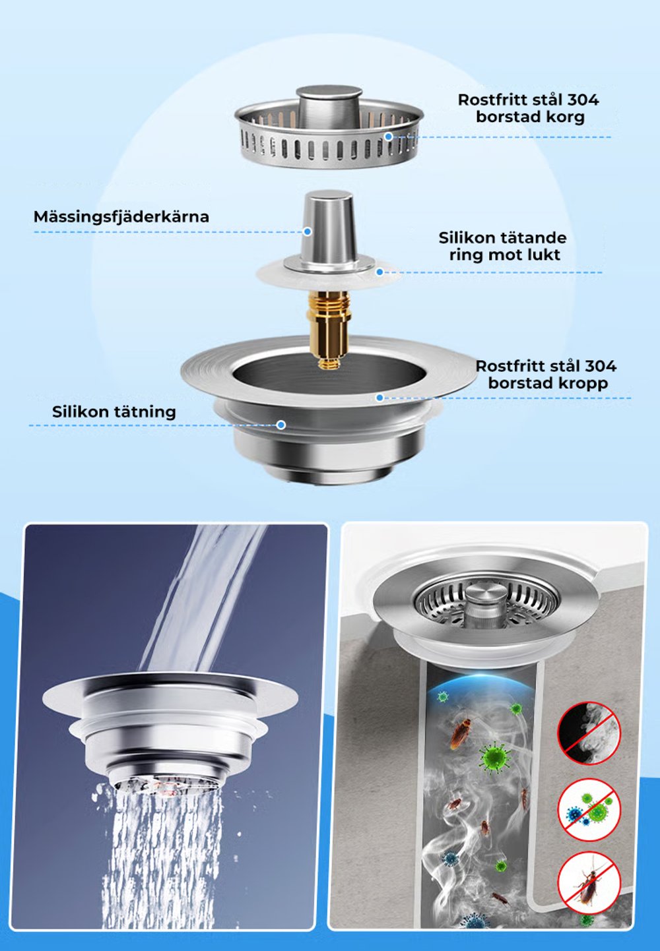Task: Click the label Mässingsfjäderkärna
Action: pyautogui.click(x=121, y=216)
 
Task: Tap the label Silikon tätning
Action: pyautogui.click(x=114, y=412)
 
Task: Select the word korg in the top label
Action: pyautogui.click(x=566, y=117)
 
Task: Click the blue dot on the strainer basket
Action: pyautogui.click(x=388, y=137)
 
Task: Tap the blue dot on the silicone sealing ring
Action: pyautogui.click(x=379, y=272)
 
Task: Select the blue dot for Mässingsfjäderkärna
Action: pyautogui.click(x=308, y=231)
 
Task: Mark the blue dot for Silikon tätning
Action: pyautogui.click(x=280, y=424)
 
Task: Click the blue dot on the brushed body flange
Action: pyautogui.click(x=379, y=398)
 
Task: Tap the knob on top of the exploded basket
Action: pyautogui.click(x=329, y=107)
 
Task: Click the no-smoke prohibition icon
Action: pyautogui.click(x=589, y=733)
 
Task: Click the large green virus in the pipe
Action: pyautogui.click(x=494, y=756)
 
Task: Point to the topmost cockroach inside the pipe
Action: pyautogui.click(x=461, y=734)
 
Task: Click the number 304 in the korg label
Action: pyautogui.click(x=583, y=100)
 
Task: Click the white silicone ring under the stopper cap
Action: pyautogui.click(x=329, y=275)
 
